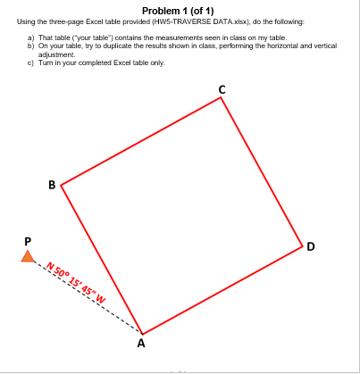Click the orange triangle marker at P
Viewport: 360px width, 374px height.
(x=29, y=257)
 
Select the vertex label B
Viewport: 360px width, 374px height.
(x=52, y=185)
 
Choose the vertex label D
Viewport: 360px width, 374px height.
(x=310, y=245)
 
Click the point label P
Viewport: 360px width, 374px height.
(x=29, y=240)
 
